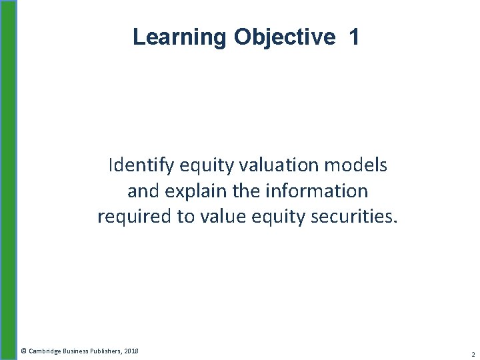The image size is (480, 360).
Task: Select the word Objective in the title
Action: pos(285,37)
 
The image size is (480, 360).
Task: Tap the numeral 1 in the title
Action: pos(354,37)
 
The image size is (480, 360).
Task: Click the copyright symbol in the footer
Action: pos(23,351)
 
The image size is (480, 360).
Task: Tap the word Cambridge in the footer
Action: pos(44,351)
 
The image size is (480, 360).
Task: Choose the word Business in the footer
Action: pos(75,351)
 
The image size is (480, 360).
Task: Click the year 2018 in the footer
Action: pos(131,351)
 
